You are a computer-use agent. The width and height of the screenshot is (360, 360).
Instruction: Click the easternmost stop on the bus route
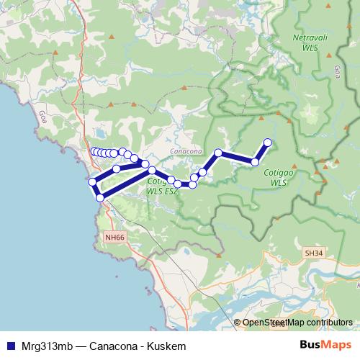coord(268,142)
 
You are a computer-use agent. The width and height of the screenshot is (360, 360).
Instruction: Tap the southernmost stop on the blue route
coord(100,197)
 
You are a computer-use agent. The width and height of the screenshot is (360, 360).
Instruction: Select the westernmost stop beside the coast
coord(91,181)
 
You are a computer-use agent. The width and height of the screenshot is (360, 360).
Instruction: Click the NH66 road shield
coord(114,236)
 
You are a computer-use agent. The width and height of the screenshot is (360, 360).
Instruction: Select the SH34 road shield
coord(313,253)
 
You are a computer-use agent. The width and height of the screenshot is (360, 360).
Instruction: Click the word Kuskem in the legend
coord(170,346)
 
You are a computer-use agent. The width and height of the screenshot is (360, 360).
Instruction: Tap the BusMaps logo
coord(326,346)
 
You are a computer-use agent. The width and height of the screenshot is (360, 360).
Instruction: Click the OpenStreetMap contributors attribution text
coord(297,323)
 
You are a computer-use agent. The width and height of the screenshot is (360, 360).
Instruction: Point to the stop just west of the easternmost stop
coord(255,162)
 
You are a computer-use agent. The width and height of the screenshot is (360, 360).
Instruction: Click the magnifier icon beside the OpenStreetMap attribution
coord(238,323)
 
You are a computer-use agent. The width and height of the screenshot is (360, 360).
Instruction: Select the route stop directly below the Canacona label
coord(194,177)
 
